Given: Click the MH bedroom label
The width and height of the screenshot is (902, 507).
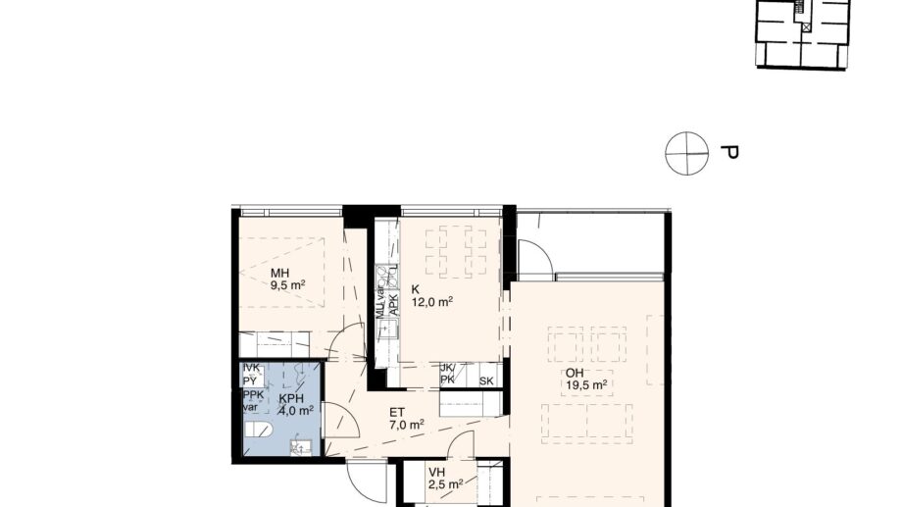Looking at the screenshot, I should click(281, 273).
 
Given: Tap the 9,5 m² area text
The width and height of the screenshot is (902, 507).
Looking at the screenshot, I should click(288, 286).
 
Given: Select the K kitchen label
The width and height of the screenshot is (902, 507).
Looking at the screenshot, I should click(416, 289).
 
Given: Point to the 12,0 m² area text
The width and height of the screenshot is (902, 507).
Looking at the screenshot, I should click(431, 303).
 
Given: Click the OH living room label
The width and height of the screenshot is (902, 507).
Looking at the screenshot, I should click(573, 373).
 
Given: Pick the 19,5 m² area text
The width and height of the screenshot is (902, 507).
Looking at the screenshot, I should click(586, 385).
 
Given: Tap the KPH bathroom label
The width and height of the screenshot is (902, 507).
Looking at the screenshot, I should click(291, 399).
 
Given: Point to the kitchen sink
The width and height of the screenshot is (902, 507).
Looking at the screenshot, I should click(386, 328).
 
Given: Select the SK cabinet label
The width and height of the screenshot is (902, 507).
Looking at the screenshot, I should click(485, 380).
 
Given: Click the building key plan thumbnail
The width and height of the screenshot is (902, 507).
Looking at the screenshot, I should click(802, 34).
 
